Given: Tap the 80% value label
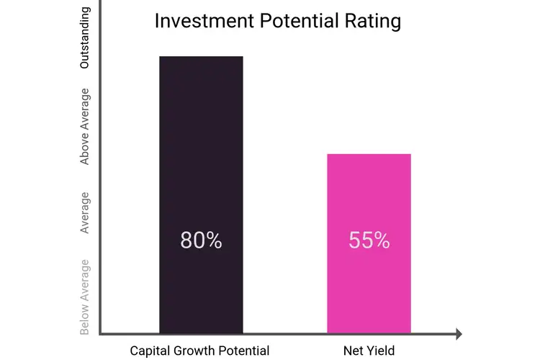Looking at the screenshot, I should coord(201,240).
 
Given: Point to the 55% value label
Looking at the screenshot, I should coord(369,240).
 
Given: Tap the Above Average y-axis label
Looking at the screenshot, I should coord(85,127).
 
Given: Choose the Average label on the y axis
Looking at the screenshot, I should coord(85,212).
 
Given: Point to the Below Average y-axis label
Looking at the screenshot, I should coord(85,296).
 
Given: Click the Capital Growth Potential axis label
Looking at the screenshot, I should coord(199,351).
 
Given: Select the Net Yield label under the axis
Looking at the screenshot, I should coord(369,351).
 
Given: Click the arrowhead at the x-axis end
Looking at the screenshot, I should coord(456,334).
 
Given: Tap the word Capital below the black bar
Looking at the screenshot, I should coord(152,351).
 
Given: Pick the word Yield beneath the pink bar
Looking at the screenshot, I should coord(382,351).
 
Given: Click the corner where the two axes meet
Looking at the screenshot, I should coord(99,334).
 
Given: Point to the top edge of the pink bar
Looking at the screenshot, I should coord(369,154).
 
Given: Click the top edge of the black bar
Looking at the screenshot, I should coord(201,56).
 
